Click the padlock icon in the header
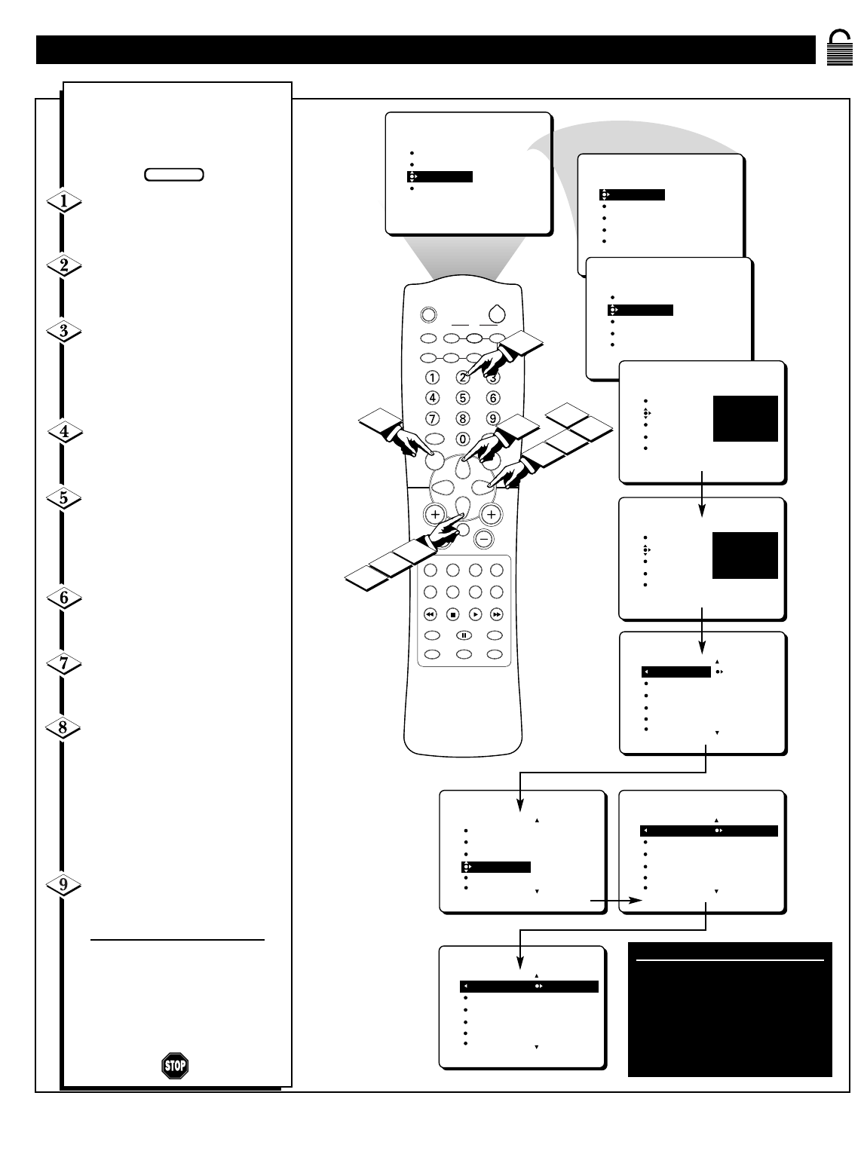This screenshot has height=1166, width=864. pos(838,48)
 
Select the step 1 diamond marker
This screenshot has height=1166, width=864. pos(64,202)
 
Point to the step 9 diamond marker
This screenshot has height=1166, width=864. pos(64,886)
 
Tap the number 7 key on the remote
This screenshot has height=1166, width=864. pos(433,418)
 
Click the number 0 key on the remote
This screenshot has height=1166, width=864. pos(463,439)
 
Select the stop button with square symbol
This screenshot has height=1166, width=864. pos(453,614)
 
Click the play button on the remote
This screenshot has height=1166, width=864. pos(475,614)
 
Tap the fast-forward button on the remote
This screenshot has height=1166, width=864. pos(497,614)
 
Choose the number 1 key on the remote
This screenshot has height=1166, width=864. pos(433,377)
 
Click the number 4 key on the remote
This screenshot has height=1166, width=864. pos(433,397)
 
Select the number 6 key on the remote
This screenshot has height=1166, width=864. pos(493,397)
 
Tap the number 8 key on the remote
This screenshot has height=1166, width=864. pos(463,418)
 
